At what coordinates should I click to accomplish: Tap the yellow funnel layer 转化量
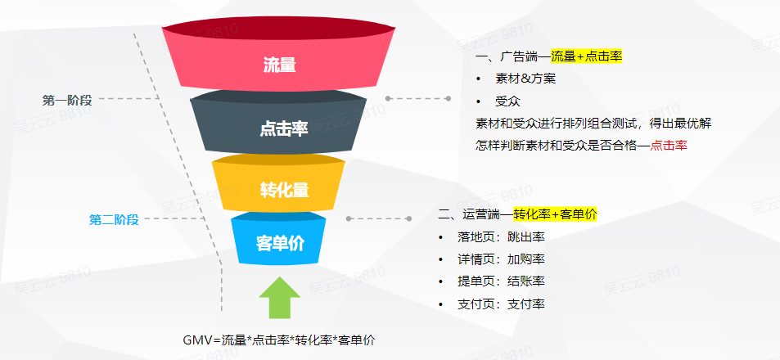[278, 183]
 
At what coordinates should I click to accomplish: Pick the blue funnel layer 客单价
[278, 239]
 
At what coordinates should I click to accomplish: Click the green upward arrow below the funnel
[280, 297]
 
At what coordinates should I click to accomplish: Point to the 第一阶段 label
[67, 100]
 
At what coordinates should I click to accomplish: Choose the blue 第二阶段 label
[114, 219]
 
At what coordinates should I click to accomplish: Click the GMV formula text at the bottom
[279, 340]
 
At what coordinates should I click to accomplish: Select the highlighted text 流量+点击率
[587, 56]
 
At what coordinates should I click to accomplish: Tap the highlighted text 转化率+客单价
[555, 214]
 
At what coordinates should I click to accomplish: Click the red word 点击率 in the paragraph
[669, 145]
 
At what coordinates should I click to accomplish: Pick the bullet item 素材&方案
[525, 79]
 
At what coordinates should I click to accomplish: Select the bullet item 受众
[507, 101]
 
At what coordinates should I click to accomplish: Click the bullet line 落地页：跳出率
[501, 236]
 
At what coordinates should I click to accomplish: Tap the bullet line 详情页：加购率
[501, 259]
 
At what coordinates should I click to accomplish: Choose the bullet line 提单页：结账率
[501, 281]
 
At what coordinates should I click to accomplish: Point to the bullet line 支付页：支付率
[501, 304]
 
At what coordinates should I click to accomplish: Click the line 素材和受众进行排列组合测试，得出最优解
[593, 123]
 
